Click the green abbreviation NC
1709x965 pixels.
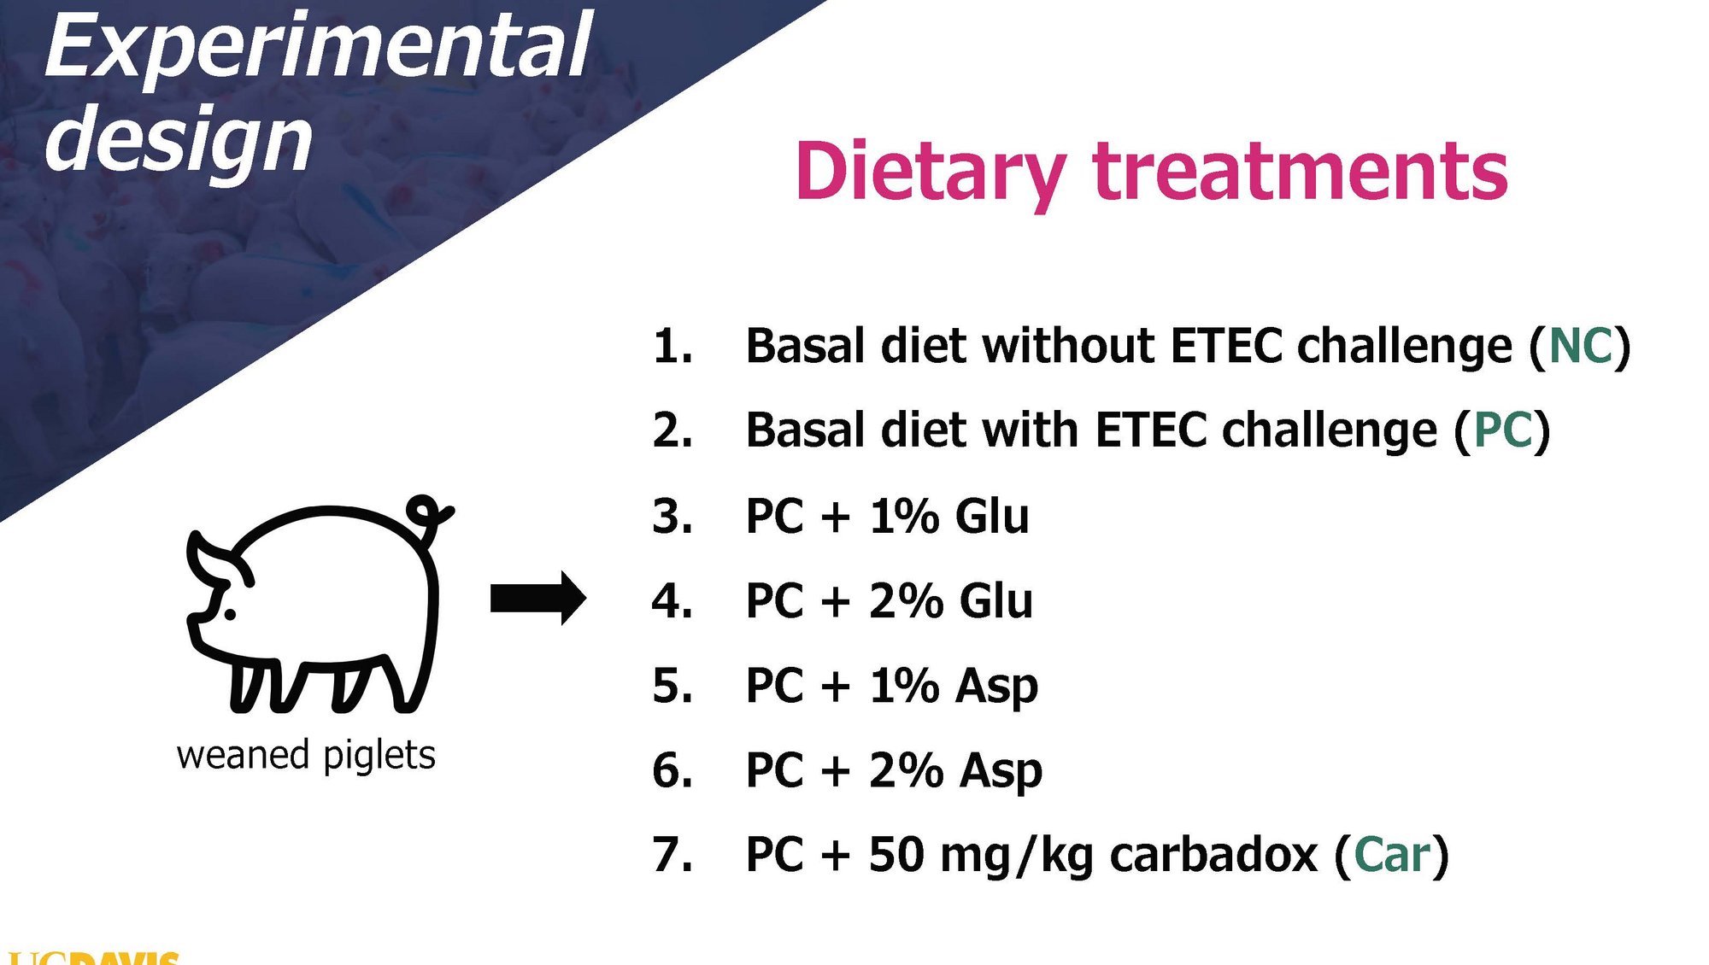coord(1580,346)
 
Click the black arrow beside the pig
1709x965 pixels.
coord(538,598)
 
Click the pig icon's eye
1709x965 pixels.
coord(229,613)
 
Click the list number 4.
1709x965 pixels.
coord(672,600)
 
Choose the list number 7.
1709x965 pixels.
coord(672,854)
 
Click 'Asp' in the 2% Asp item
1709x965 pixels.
coord(1001,772)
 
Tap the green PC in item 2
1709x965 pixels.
coord(1503,430)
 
